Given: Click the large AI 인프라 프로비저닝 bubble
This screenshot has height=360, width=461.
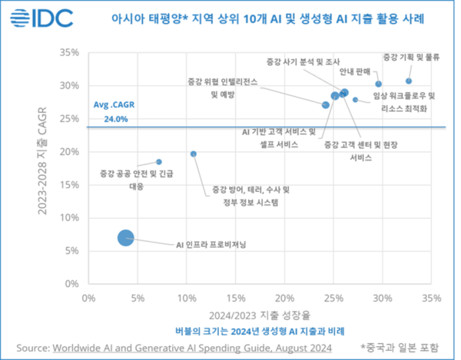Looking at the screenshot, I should [x=126, y=238].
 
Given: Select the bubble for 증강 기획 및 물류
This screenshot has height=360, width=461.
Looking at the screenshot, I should [x=409, y=81].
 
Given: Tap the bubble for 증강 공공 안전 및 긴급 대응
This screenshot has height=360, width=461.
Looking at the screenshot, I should [x=159, y=162].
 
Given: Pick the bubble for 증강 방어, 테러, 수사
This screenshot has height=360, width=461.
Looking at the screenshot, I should [x=194, y=154].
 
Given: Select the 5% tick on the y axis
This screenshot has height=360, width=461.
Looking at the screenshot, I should [x=72, y=250].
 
